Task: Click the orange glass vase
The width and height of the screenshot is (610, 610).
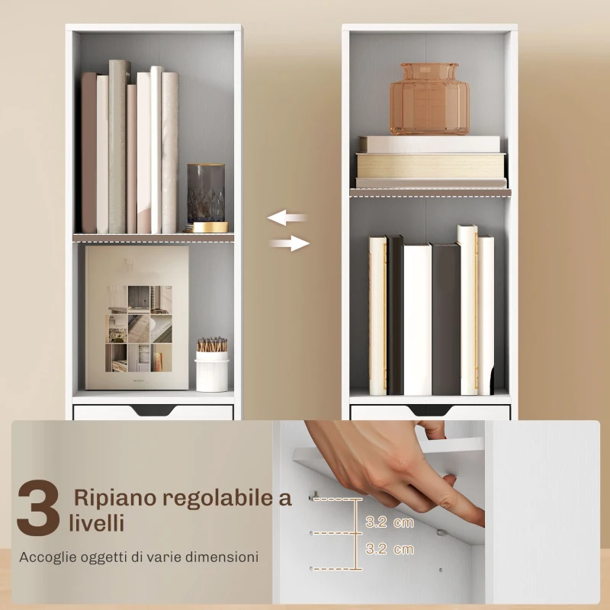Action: tap(429, 99)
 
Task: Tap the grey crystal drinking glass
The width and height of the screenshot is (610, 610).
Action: tap(206, 192)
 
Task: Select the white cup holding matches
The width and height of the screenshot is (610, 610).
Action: tap(212, 371)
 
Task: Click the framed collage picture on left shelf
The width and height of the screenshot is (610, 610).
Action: tap(137, 317)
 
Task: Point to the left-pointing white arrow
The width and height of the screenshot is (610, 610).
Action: tap(287, 218)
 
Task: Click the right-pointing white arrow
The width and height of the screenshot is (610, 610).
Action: tap(290, 244)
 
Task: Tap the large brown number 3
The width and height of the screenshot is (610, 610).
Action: tap(38, 508)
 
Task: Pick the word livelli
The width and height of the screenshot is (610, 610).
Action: tap(97, 524)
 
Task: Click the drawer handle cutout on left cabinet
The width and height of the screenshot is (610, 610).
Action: tap(152, 412)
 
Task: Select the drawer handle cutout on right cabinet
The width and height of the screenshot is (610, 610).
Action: tap(430, 411)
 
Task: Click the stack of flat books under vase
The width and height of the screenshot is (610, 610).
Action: tap(431, 162)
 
